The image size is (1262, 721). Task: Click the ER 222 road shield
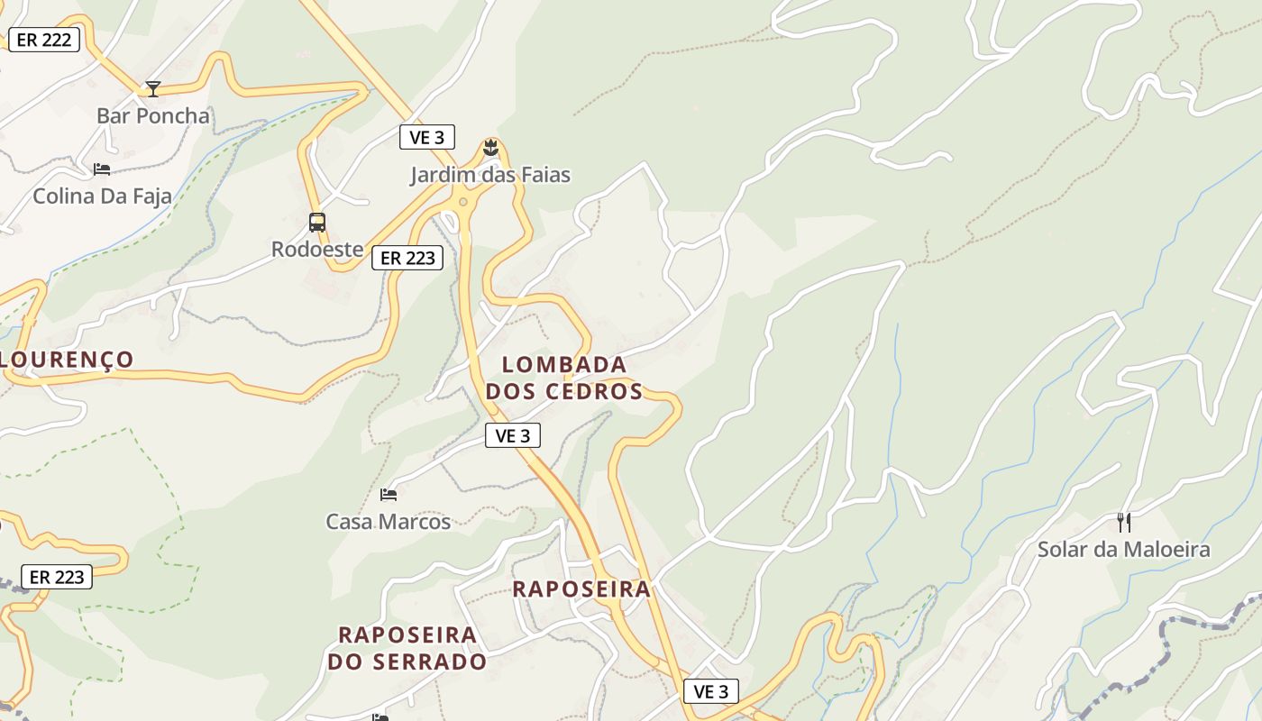[x=43, y=40]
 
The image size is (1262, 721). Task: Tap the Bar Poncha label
[x=153, y=116]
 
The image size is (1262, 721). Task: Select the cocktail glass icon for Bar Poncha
[x=153, y=88]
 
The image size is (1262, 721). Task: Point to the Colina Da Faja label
[x=102, y=196]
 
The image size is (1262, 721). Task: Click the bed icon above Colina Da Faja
[x=102, y=169]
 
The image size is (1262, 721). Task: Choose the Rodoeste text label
[x=317, y=250]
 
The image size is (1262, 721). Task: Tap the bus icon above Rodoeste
[x=317, y=222]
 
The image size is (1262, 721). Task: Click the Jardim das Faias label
[x=490, y=175]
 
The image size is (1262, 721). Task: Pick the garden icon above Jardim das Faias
[x=490, y=147]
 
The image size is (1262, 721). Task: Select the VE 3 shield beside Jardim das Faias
[x=427, y=137]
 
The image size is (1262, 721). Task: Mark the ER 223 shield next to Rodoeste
[x=408, y=258]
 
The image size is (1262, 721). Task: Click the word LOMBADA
[x=564, y=365]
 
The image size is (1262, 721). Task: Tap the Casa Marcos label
[x=389, y=522]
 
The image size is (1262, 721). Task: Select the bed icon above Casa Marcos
[x=389, y=494]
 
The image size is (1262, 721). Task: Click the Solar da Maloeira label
[x=1123, y=550]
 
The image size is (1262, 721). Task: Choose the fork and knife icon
[x=1123, y=522]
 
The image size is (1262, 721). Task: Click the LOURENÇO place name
[x=67, y=360]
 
